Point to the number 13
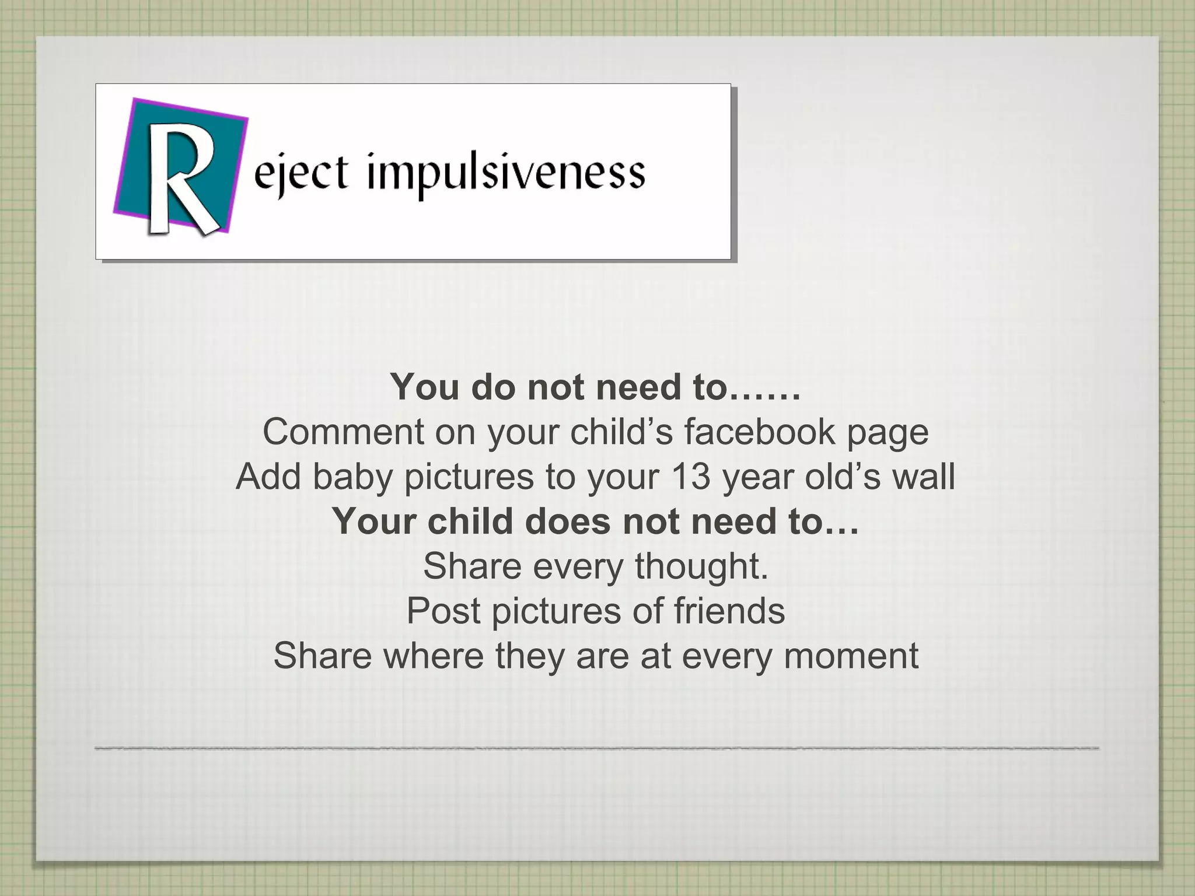tap(690, 477)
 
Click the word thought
tap(701, 566)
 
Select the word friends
tap(729, 611)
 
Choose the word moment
tap(851, 656)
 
